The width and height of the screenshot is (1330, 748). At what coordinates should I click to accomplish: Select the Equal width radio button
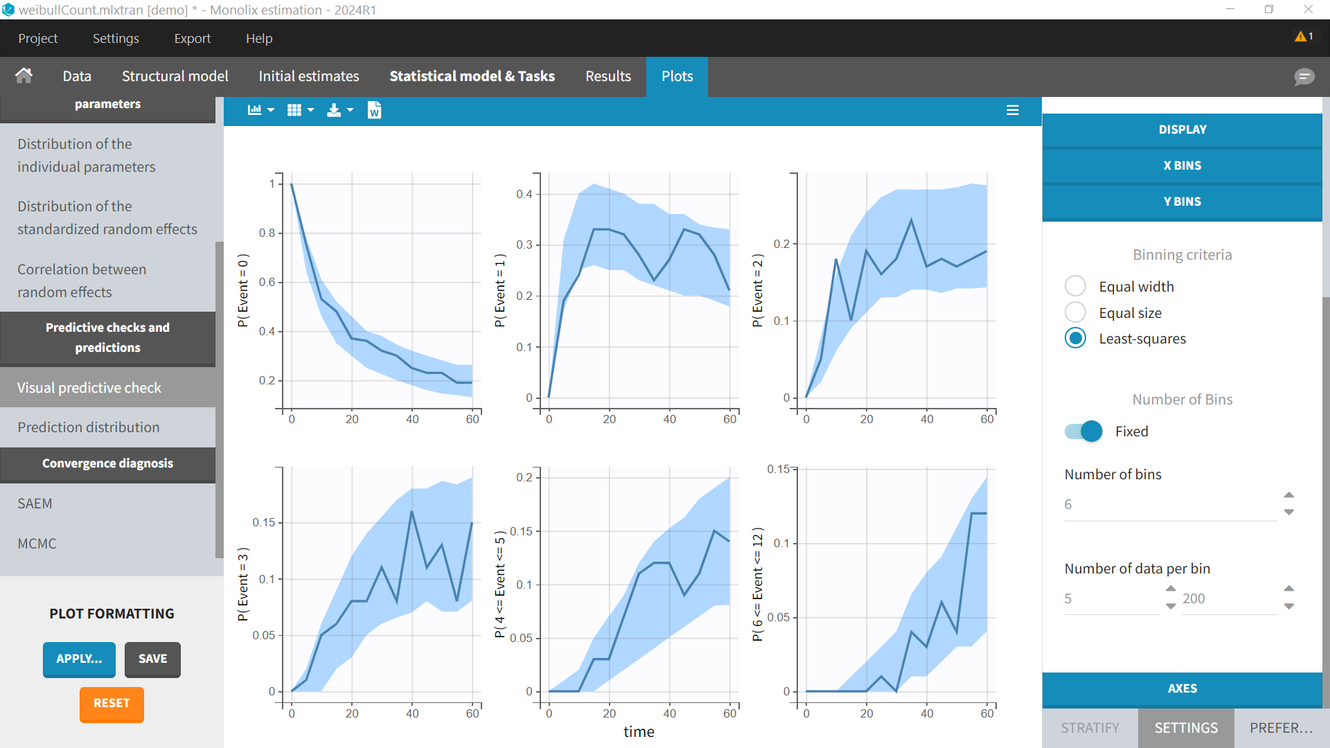point(1075,286)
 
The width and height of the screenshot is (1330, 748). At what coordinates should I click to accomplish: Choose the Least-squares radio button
point(1075,339)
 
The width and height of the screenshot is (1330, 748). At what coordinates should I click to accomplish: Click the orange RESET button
point(112,704)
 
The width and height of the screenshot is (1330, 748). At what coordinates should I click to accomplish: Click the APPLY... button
point(78,659)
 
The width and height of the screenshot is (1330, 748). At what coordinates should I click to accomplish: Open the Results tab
point(608,76)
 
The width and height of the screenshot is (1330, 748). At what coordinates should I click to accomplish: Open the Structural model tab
point(175,76)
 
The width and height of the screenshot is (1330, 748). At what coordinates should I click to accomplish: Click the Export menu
point(192,39)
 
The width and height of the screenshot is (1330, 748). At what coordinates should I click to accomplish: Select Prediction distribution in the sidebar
point(89,427)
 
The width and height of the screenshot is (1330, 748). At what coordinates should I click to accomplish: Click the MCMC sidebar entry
point(37,544)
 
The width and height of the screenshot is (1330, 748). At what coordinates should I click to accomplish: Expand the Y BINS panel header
point(1182,202)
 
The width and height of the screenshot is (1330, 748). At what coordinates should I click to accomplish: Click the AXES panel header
point(1182,688)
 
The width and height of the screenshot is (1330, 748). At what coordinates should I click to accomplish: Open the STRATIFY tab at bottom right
point(1090,728)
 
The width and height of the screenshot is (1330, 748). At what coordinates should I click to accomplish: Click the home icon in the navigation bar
point(24,75)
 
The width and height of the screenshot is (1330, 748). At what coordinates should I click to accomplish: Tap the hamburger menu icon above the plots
point(1012,110)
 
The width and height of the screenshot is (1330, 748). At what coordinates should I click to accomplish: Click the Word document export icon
point(374,110)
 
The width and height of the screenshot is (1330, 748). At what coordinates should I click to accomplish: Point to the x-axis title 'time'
point(638,732)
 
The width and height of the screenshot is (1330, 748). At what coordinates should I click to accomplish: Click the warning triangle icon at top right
point(1300,37)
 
